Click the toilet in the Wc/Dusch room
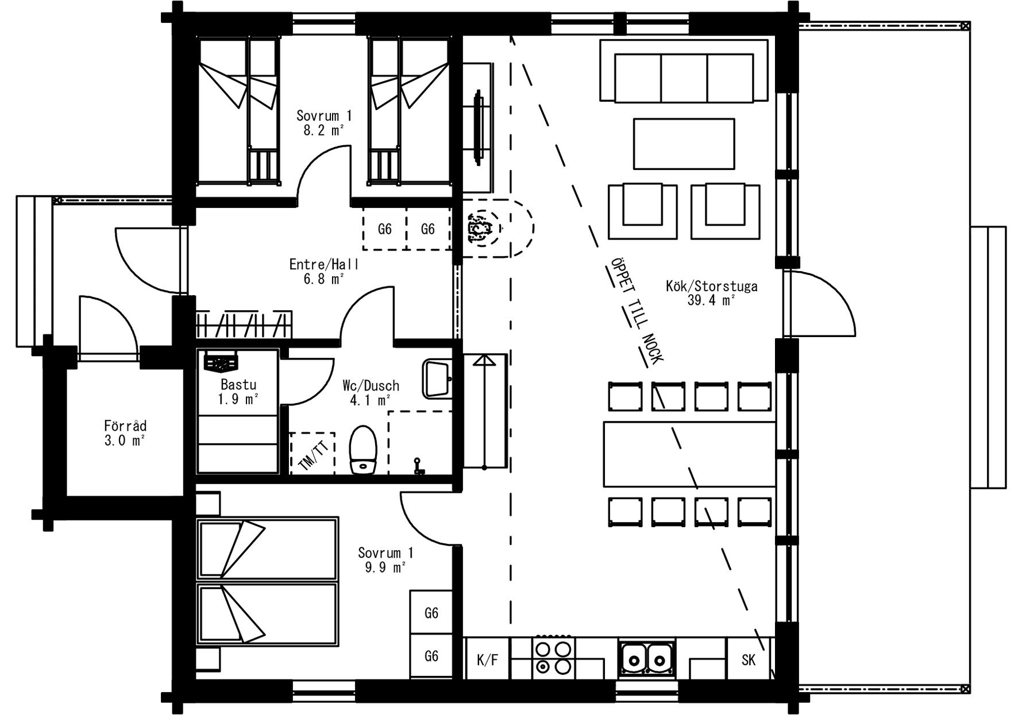362,450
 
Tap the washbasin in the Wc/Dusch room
437,378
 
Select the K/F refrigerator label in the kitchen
487,660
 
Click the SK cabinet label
748,660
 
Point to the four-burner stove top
553,657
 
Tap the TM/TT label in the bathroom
313,453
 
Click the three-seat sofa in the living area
684,71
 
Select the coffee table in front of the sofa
684,144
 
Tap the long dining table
689,454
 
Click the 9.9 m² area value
385,568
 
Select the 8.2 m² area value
323,130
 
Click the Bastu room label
238,385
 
